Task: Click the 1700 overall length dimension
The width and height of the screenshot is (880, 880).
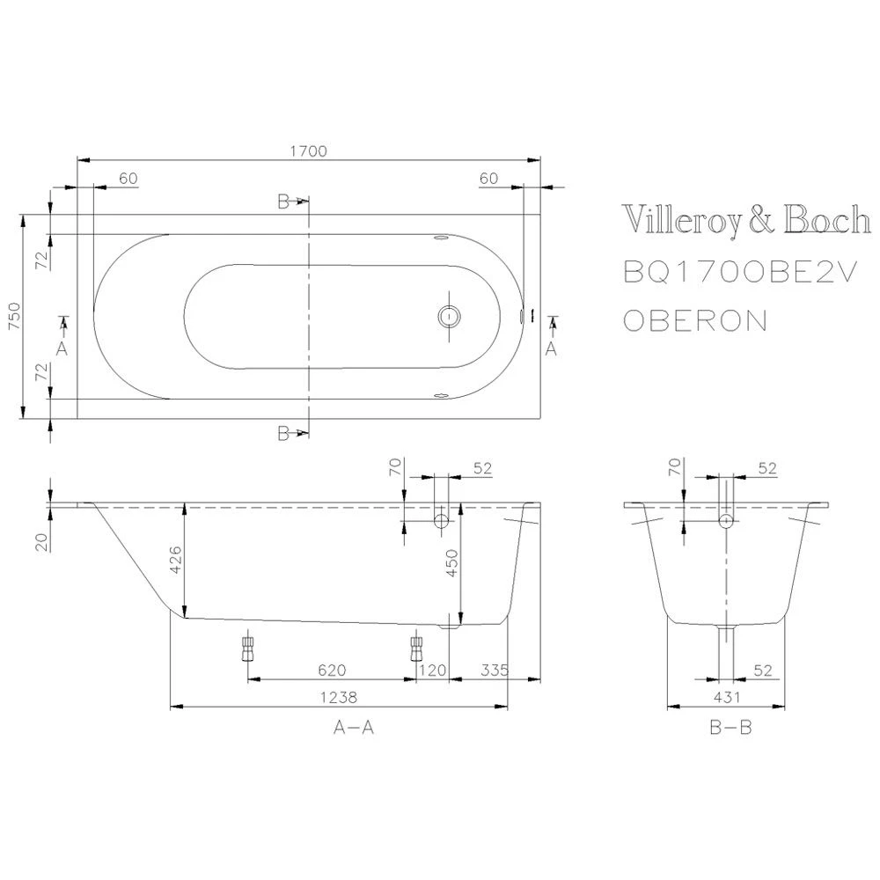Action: coord(308,151)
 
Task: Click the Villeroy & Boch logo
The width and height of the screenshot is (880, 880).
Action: coord(746,221)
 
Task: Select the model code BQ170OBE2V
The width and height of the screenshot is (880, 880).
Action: coord(740,273)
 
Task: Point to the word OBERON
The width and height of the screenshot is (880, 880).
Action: coord(695,320)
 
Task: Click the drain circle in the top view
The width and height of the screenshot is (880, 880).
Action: coord(449,317)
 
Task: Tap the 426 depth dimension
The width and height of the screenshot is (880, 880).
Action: coord(176,560)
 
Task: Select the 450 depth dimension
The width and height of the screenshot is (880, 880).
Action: coord(452,562)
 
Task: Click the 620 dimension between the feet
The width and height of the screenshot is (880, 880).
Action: coord(333,670)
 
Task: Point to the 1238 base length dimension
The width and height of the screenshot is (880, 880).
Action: coord(339,697)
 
